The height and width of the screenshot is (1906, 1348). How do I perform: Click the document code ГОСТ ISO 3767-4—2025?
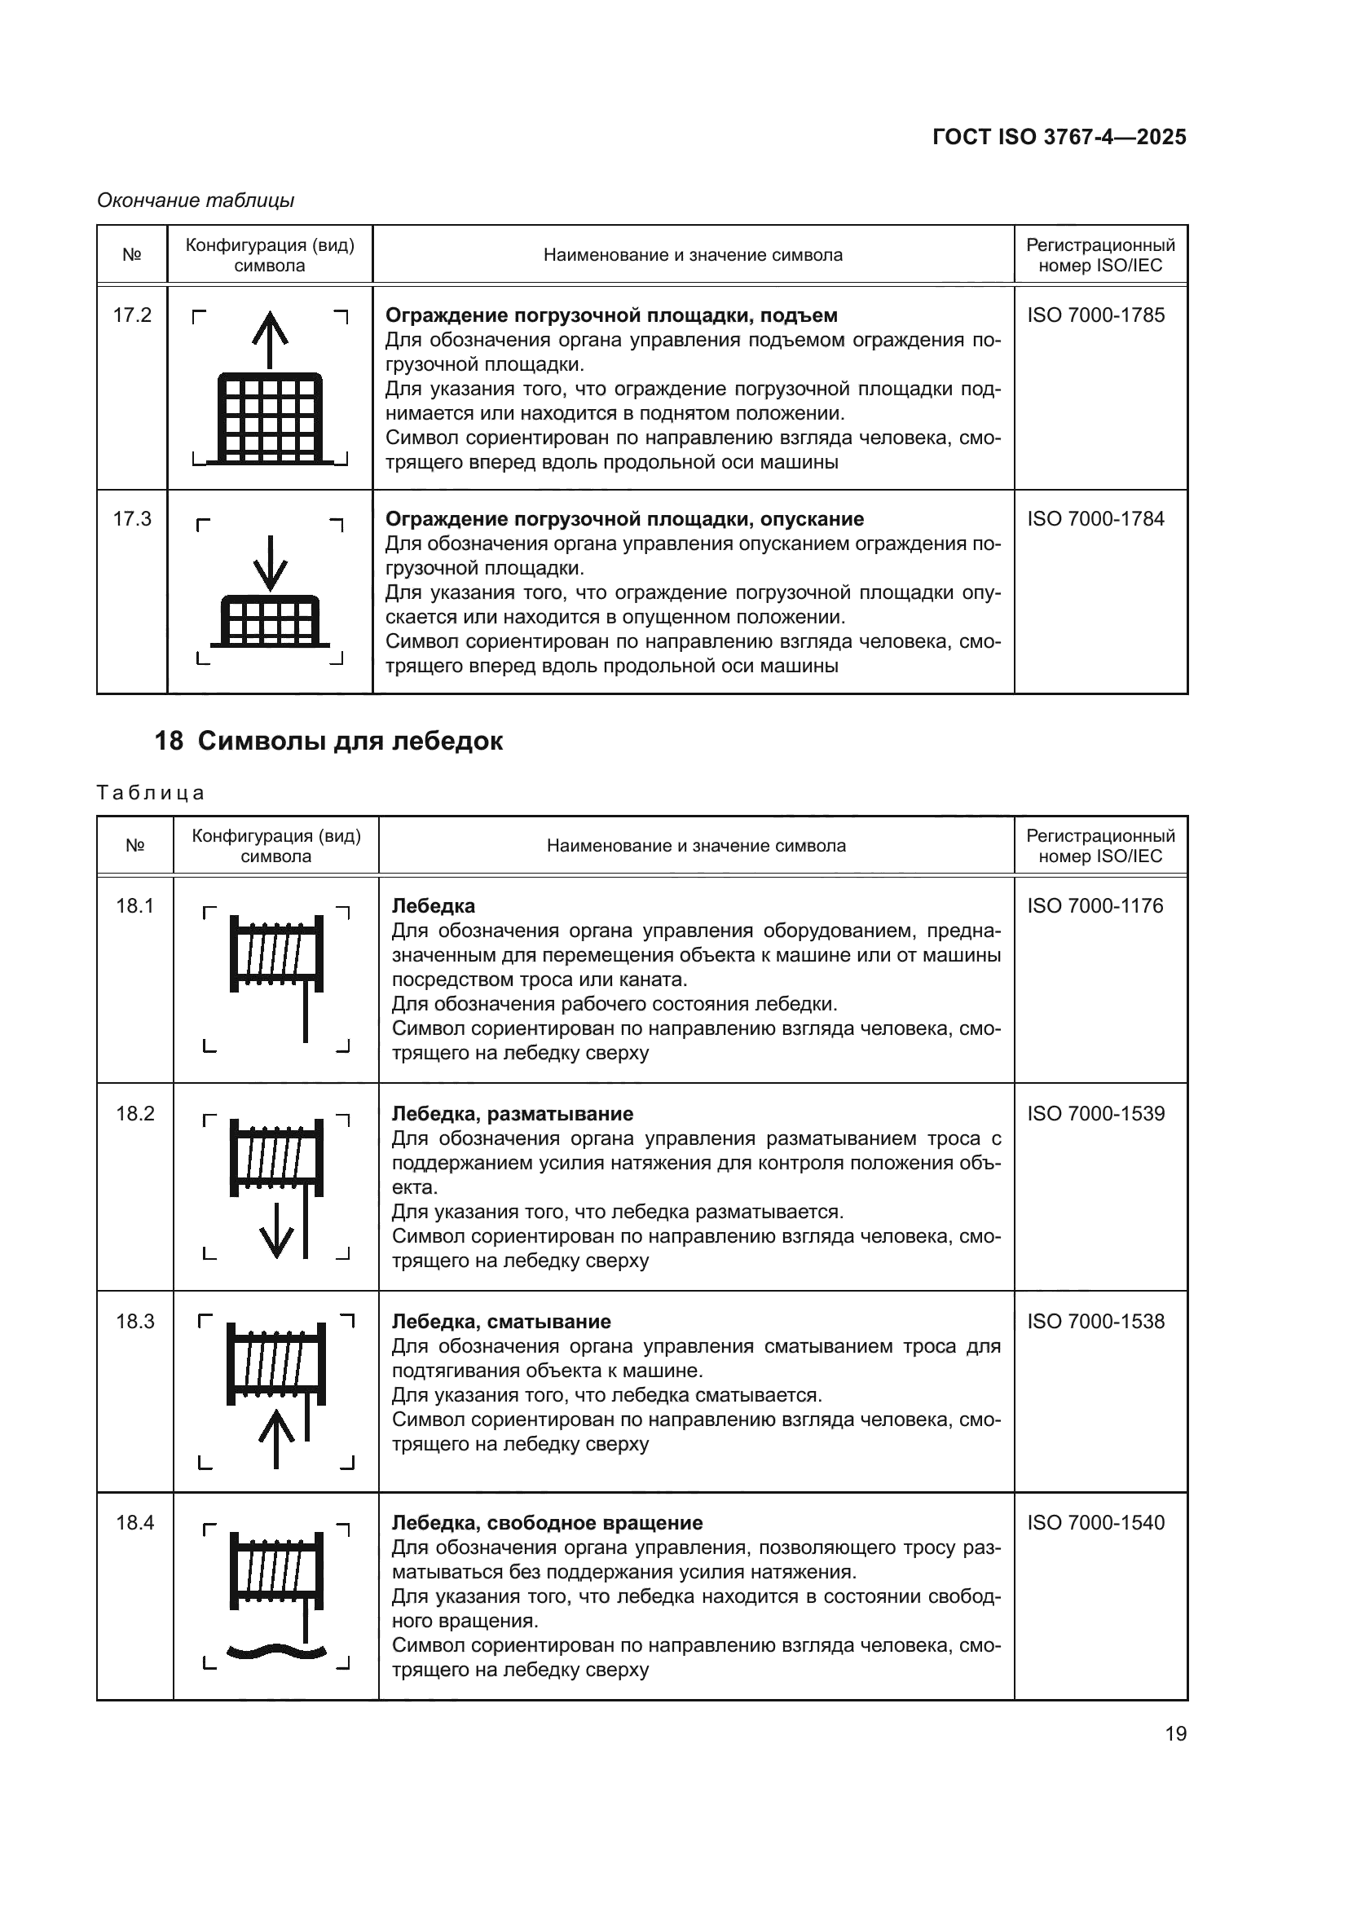[1059, 137]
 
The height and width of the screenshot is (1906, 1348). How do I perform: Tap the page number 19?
[1175, 1733]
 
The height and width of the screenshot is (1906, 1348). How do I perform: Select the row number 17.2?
[132, 315]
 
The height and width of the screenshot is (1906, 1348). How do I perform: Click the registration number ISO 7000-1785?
[1095, 315]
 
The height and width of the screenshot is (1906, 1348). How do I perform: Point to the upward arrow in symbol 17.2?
[270, 338]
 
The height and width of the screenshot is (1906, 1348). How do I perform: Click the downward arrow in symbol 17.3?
[270, 562]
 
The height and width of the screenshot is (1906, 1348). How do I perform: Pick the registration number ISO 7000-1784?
[1095, 519]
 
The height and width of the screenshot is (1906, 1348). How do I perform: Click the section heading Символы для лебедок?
[350, 741]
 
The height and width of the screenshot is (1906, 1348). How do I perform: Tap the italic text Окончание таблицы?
[196, 200]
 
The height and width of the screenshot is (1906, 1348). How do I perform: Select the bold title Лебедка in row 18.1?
[434, 905]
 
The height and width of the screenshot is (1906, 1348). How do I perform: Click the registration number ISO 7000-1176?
[1095, 905]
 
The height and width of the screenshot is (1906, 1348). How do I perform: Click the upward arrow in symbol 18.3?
[276, 1437]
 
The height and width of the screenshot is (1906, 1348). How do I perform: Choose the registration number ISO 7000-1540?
[1095, 1522]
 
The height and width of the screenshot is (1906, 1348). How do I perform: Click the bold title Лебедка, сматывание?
[500, 1322]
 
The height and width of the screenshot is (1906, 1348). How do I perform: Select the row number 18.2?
[135, 1113]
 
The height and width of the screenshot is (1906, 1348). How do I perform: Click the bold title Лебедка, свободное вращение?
[547, 1522]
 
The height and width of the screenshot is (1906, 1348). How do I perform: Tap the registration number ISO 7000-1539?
[1095, 1113]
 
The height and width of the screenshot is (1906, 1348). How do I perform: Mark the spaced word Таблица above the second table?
[150, 793]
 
